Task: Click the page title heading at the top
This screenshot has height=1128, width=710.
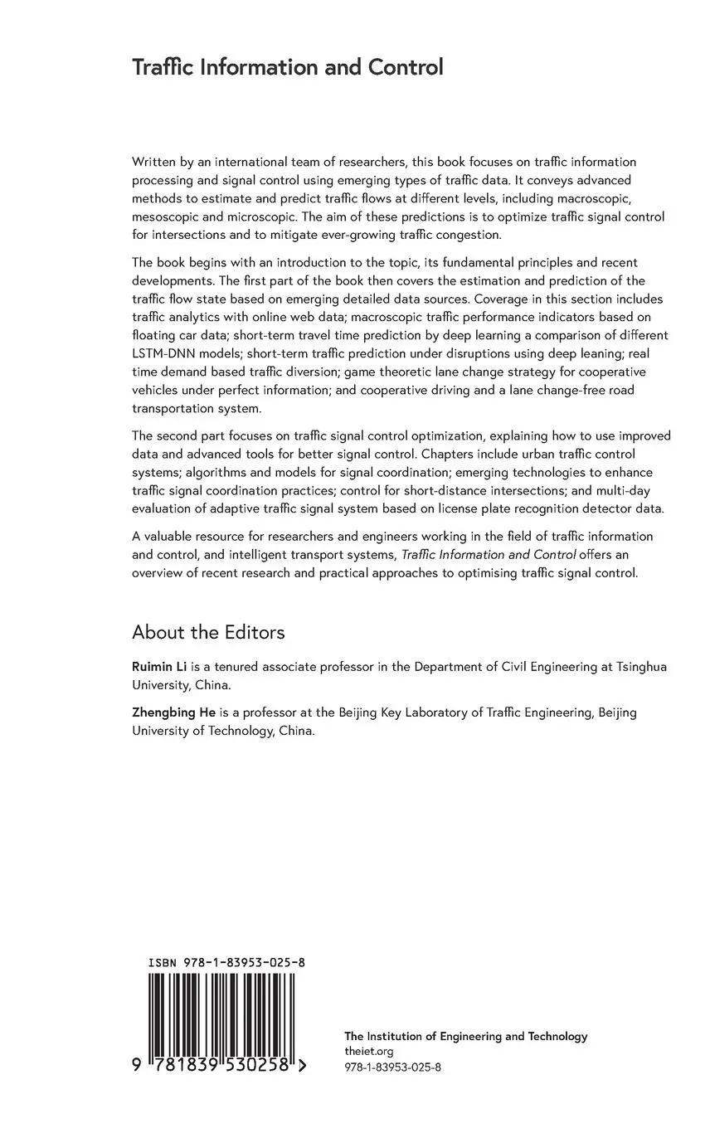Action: (287, 67)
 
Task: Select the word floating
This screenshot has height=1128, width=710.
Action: (153, 335)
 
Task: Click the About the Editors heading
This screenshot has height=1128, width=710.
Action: (208, 632)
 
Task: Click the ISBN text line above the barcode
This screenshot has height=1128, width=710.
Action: (226, 963)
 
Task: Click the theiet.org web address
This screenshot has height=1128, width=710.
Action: (362, 1052)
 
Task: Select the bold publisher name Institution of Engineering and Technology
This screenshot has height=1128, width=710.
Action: (465, 1036)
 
